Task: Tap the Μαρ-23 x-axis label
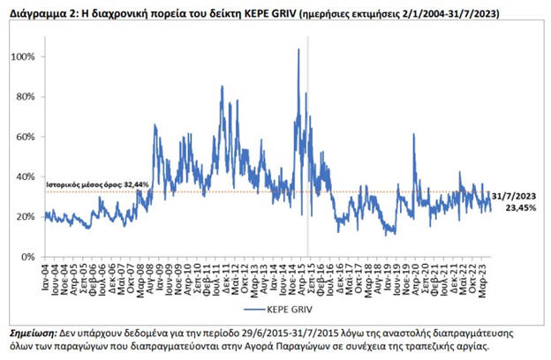click(484, 274)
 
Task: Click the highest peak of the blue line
click(298, 50)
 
